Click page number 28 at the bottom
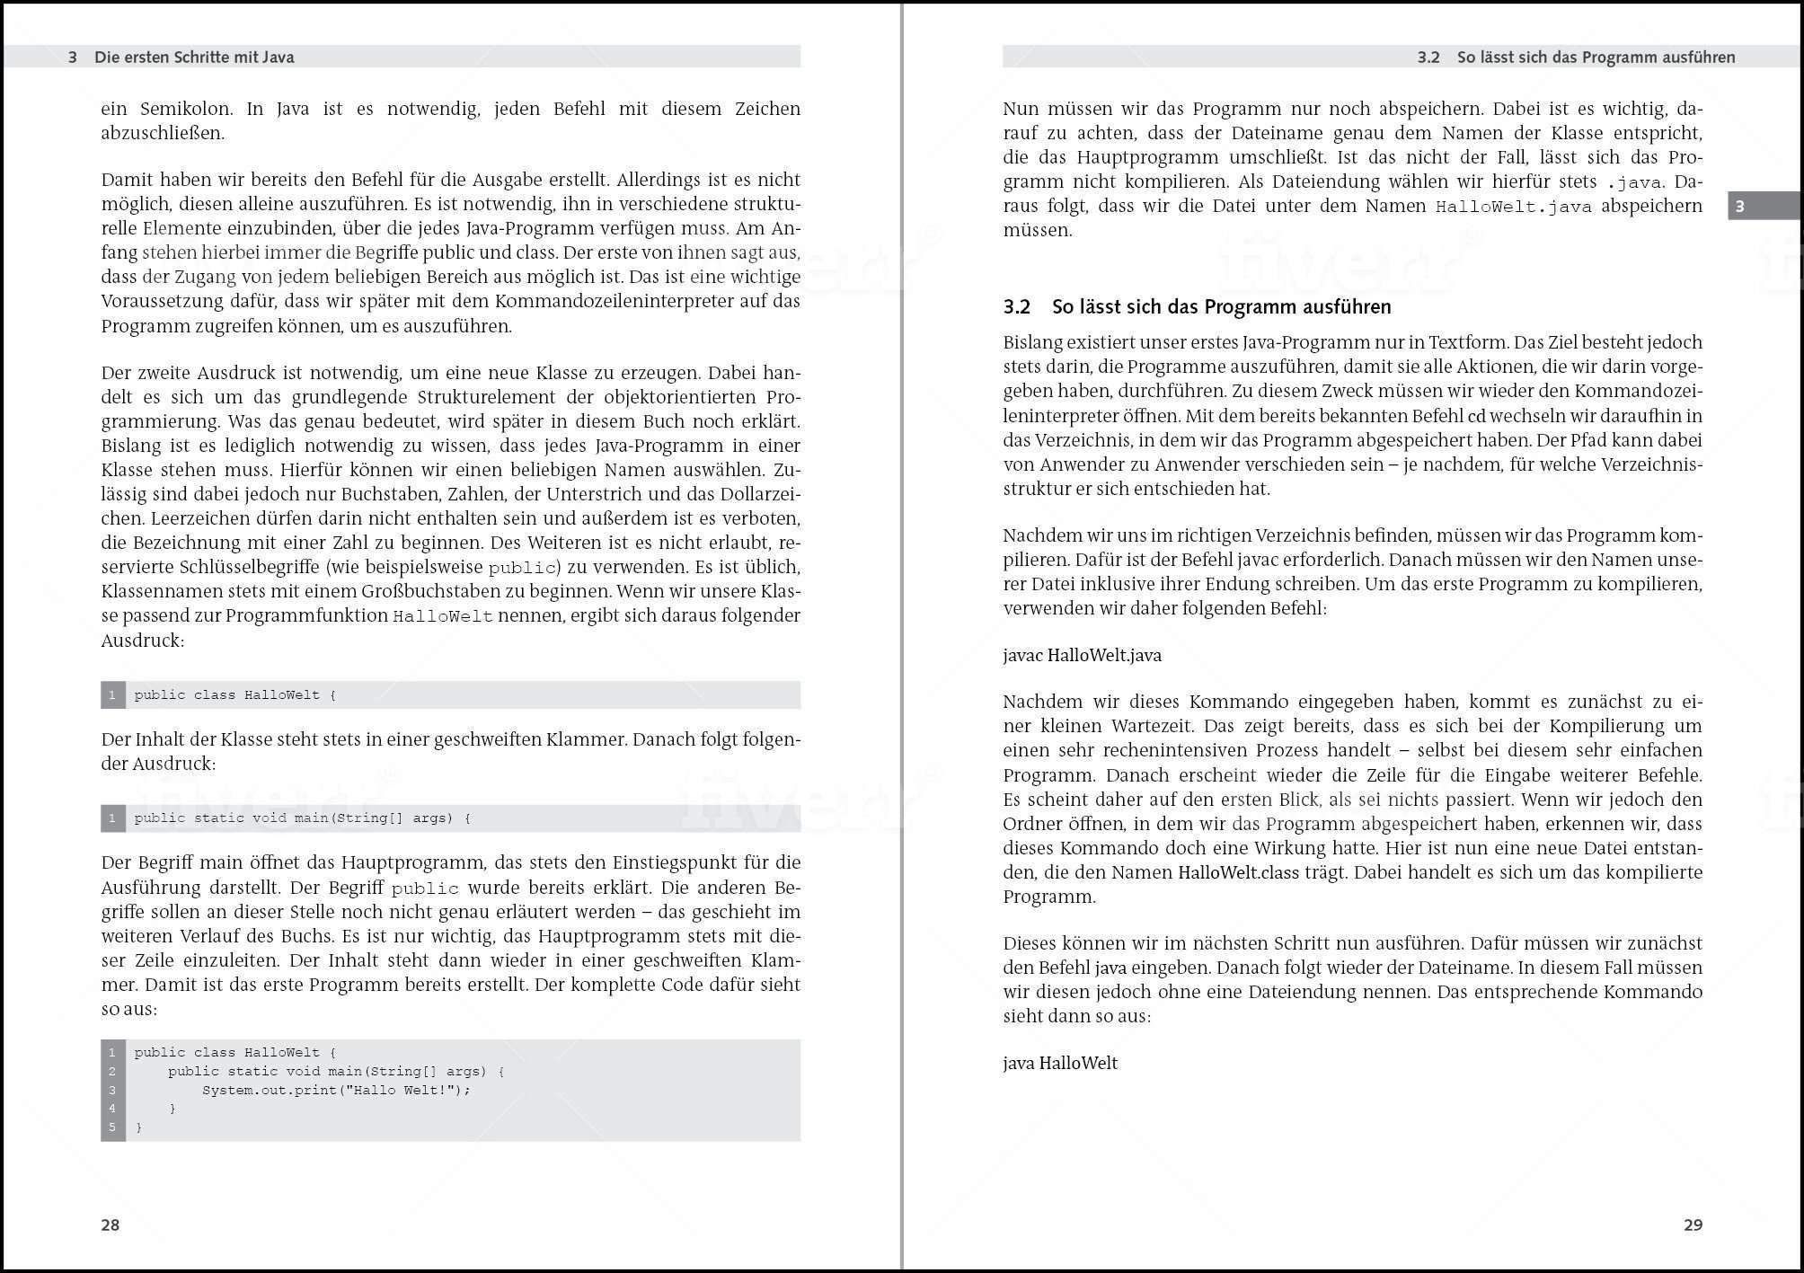110,1224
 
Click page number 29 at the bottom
1693,1224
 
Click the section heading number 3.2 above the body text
1016,307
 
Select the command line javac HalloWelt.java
1082,656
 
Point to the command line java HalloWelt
1060,1064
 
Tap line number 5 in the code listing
112,1127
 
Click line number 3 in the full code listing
112,1091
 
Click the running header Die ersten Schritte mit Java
194,57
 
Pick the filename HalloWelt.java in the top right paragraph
1513,207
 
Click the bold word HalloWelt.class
1238,873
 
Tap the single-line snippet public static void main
301,818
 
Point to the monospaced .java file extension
1634,182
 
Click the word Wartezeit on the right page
1153,726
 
